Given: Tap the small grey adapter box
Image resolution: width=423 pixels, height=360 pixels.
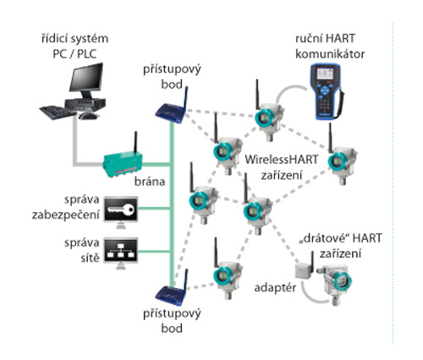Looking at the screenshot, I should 303,270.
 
